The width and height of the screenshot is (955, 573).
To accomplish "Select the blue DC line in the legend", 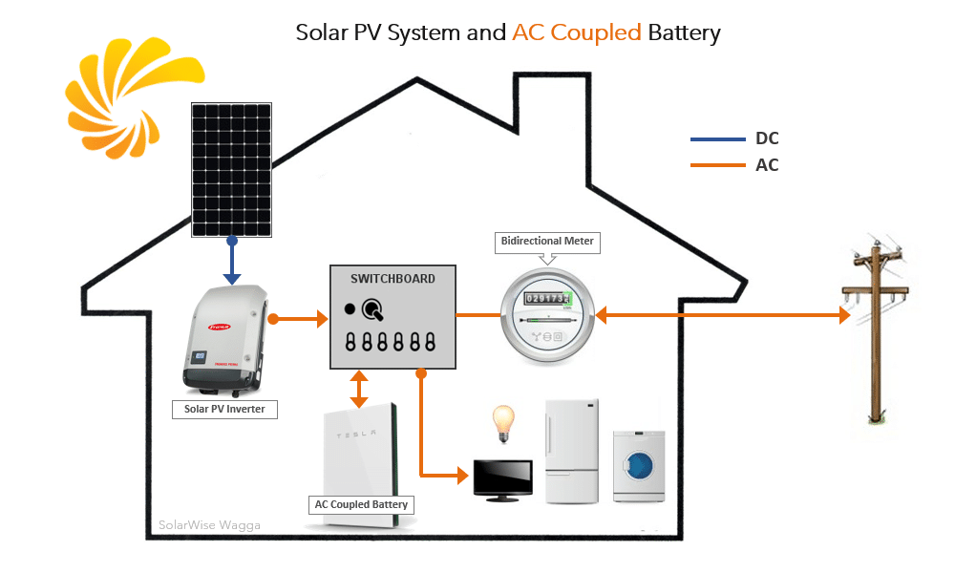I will [x=717, y=139].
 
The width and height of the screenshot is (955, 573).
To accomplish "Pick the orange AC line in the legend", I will [x=717, y=165].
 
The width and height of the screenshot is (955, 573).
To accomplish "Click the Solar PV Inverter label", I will [x=224, y=410].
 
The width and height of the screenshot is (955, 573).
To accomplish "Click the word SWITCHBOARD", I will [x=393, y=279].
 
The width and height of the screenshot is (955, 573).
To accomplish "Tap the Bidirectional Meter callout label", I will [x=547, y=242].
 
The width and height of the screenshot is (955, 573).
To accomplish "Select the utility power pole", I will [x=877, y=334].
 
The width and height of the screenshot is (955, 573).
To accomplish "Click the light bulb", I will [x=502, y=421].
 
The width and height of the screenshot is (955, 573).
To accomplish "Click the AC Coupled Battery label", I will [x=362, y=504].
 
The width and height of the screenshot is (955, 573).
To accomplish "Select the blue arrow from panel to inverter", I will [x=231, y=261].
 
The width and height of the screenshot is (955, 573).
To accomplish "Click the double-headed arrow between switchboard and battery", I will [x=359, y=389].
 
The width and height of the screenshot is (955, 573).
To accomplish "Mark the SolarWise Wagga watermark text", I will [x=208, y=524].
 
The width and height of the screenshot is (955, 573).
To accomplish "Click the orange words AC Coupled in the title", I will [x=577, y=32].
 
